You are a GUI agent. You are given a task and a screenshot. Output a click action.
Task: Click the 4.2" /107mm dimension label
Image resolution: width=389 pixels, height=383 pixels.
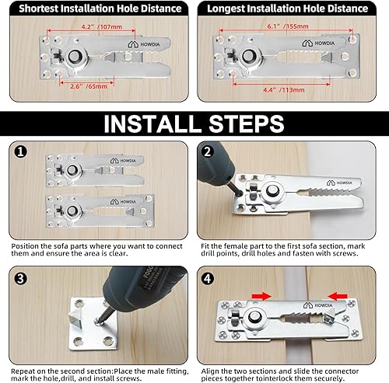(102, 26)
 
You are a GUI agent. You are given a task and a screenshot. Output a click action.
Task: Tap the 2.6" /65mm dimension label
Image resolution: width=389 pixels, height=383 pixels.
(89, 86)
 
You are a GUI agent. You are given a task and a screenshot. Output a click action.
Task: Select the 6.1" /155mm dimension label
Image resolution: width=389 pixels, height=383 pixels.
(288, 26)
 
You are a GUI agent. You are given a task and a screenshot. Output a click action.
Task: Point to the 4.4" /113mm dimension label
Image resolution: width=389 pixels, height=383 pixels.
(284, 90)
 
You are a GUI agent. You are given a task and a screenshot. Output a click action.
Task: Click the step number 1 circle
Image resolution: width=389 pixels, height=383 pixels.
(20, 151)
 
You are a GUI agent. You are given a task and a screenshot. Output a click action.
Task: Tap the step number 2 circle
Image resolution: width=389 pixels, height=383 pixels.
(208, 151)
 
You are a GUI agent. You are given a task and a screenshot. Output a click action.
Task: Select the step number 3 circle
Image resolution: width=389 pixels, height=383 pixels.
(20, 279)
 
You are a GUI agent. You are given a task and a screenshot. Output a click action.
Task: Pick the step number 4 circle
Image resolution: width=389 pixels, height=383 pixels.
(208, 279)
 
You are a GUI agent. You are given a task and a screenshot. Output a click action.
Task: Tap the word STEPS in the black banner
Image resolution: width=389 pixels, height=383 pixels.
(247, 124)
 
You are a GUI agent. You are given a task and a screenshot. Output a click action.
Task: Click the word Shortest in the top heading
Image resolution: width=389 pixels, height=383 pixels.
(39, 9)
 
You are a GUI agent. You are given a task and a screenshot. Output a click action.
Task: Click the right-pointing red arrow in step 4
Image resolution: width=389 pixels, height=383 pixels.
(261, 296)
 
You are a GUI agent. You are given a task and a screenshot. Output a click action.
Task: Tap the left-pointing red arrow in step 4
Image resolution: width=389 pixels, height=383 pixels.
(338, 296)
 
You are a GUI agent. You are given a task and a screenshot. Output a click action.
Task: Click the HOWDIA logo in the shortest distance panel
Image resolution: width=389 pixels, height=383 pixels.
(144, 44)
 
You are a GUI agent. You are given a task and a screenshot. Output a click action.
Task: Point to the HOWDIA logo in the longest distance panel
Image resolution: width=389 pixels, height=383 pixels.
(318, 43)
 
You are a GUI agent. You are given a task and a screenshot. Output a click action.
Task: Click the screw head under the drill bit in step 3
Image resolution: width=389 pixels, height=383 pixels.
(98, 322)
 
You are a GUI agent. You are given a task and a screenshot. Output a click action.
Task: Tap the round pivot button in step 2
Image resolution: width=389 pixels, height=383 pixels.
(272, 191)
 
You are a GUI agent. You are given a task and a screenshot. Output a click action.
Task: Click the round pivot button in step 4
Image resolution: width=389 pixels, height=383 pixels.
(254, 317)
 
